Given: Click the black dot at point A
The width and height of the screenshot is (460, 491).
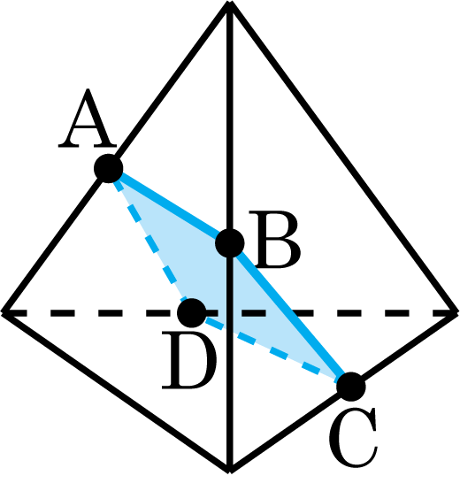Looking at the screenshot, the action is [x=108, y=168].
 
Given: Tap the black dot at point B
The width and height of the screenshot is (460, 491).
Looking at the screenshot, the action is [x=230, y=243].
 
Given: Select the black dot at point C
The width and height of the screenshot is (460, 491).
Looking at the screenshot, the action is [x=351, y=387].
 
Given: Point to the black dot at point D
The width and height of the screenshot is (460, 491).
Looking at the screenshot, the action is [x=191, y=313].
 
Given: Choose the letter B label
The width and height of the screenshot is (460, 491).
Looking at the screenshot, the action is [x=274, y=240].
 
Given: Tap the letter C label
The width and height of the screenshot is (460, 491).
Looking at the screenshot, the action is [x=353, y=437].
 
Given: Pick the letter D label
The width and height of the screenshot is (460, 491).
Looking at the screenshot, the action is [x=188, y=361].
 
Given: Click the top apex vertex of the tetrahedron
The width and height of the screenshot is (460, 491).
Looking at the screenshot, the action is [x=230, y=3].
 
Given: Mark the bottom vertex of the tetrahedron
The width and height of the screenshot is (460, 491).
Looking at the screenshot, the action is [x=230, y=472].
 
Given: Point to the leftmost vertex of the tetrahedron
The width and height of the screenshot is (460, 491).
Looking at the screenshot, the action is [x=3, y=312].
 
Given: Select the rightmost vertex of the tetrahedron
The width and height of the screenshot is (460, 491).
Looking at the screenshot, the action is [x=457, y=312].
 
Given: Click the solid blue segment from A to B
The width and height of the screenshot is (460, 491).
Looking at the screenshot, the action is [x=169, y=206].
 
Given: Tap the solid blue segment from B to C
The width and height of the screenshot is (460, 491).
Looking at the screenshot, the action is [x=290, y=315].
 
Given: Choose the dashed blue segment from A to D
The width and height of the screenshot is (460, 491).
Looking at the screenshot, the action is [x=149, y=241].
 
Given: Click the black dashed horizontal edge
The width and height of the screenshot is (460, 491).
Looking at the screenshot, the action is [x=230, y=313].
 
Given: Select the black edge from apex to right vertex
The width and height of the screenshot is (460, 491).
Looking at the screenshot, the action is [x=343, y=157].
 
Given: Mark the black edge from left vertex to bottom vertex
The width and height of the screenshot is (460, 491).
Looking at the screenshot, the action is [x=116, y=392].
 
